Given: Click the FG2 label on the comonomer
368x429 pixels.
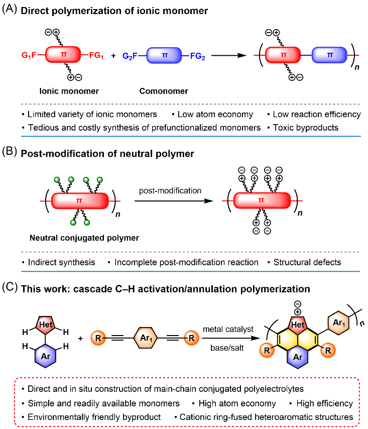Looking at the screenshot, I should click(x=197, y=56).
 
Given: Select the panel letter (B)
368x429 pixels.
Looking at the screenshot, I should click(x=10, y=151).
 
